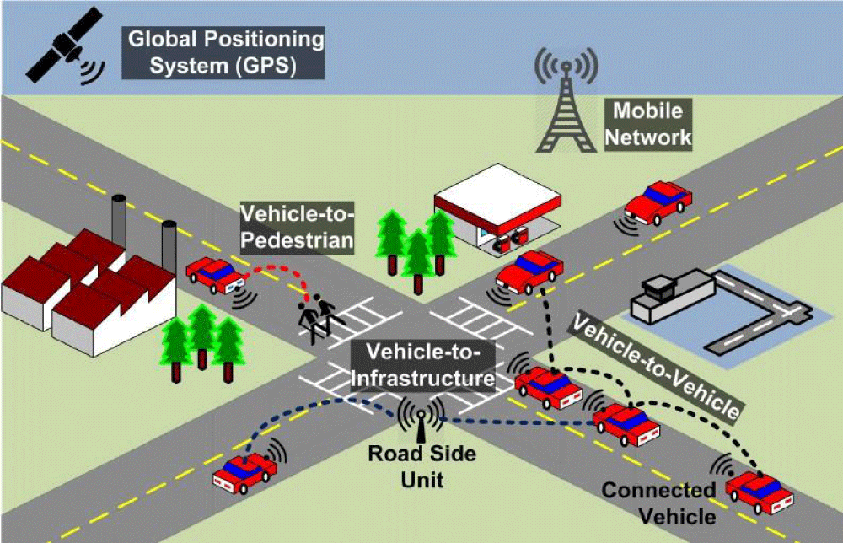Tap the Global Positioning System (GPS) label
(x=223, y=52)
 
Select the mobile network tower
(x=566, y=99)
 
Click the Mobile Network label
(x=647, y=124)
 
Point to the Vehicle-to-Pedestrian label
(x=297, y=227)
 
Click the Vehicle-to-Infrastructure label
(x=423, y=365)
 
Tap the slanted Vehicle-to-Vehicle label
(x=655, y=367)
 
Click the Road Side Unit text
(x=422, y=466)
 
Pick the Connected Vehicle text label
(x=659, y=503)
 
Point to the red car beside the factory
(x=215, y=275)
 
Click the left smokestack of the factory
(x=119, y=220)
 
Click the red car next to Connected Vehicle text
(x=760, y=492)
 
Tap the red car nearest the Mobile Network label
(x=658, y=202)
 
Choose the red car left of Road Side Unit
(x=244, y=473)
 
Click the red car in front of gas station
(x=529, y=272)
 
